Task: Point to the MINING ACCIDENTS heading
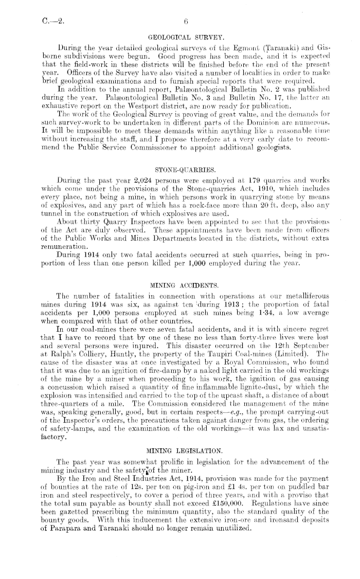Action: (179, 268)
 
